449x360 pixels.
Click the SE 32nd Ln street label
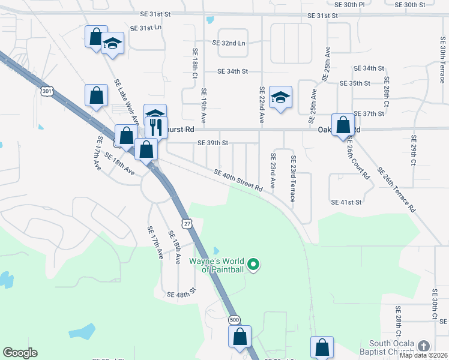pyautogui.click(x=229, y=43)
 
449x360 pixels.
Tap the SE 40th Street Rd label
pyautogui.click(x=238, y=180)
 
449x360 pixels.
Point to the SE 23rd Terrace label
pyautogui.click(x=293, y=179)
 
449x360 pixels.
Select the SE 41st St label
pyautogui.click(x=346, y=202)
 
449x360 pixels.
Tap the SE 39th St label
pyautogui.click(x=213, y=143)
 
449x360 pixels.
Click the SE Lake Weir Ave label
pyautogui.click(x=123, y=90)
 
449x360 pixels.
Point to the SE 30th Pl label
pyautogui.click(x=349, y=4)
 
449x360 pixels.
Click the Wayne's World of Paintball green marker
pyautogui.click(x=253, y=264)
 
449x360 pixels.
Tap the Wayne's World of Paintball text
pyautogui.click(x=217, y=265)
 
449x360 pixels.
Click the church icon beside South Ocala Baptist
pyautogui.click(x=424, y=346)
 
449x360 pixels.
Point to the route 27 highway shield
pyautogui.click(x=188, y=224)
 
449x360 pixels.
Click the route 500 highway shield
pyautogui.click(x=234, y=319)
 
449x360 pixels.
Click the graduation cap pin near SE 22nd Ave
pyautogui.click(x=280, y=97)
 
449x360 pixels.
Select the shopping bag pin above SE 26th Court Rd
pyautogui.click(x=343, y=125)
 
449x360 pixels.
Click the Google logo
pyautogui.click(x=20, y=353)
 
